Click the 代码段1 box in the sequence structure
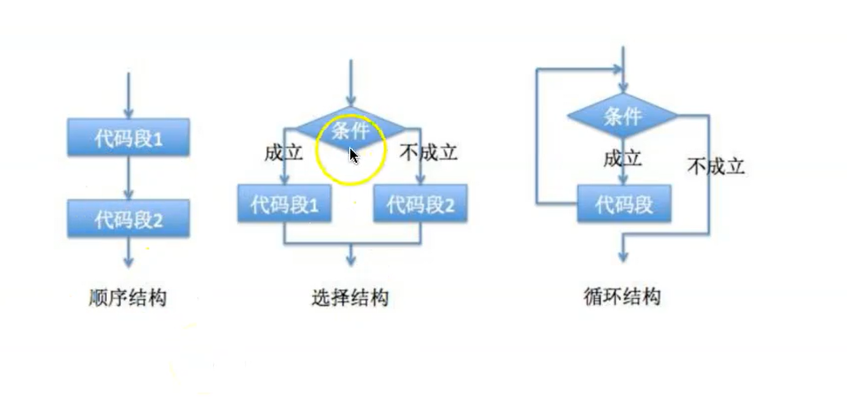[x=128, y=139]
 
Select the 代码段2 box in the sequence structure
[x=128, y=218]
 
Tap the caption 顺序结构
[x=128, y=298]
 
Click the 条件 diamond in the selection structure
[x=350, y=132]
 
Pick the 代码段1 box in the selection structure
[x=284, y=205]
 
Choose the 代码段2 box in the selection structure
[x=420, y=205]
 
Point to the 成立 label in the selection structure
[x=284, y=152]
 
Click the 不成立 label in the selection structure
[x=429, y=152]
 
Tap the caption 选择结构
[x=350, y=298]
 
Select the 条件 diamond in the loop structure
[x=622, y=116]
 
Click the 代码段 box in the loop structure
[x=624, y=205]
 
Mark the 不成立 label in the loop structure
[x=715, y=165]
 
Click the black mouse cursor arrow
[x=353, y=156]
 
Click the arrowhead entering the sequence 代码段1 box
[x=129, y=112]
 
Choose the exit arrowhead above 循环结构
[x=624, y=256]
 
